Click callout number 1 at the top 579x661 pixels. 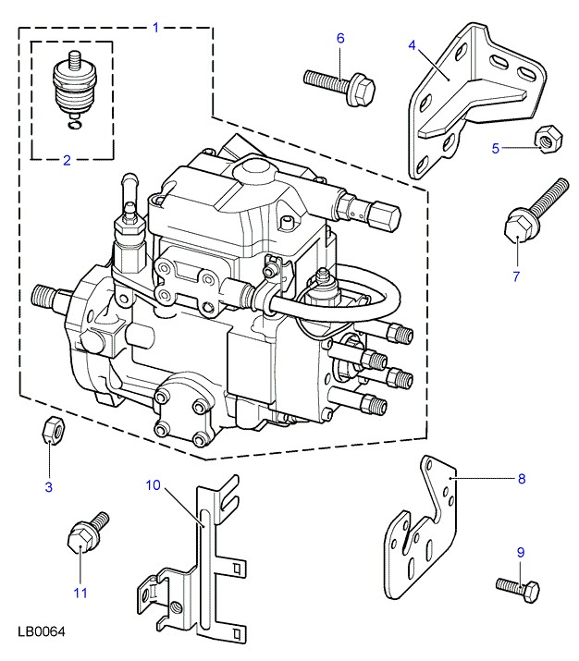click(155, 27)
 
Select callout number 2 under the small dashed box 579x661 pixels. click(67, 161)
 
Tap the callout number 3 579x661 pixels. click(49, 486)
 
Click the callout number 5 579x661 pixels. click(495, 147)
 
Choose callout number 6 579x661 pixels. click(339, 38)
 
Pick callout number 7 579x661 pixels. click(516, 275)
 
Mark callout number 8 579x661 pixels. click(521, 478)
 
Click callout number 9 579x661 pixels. click(520, 552)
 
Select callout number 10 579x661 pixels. click(154, 484)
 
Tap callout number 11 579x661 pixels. click(80, 593)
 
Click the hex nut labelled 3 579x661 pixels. click(52, 430)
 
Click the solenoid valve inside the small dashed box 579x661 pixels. click(70, 88)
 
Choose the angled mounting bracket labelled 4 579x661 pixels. click(467, 102)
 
